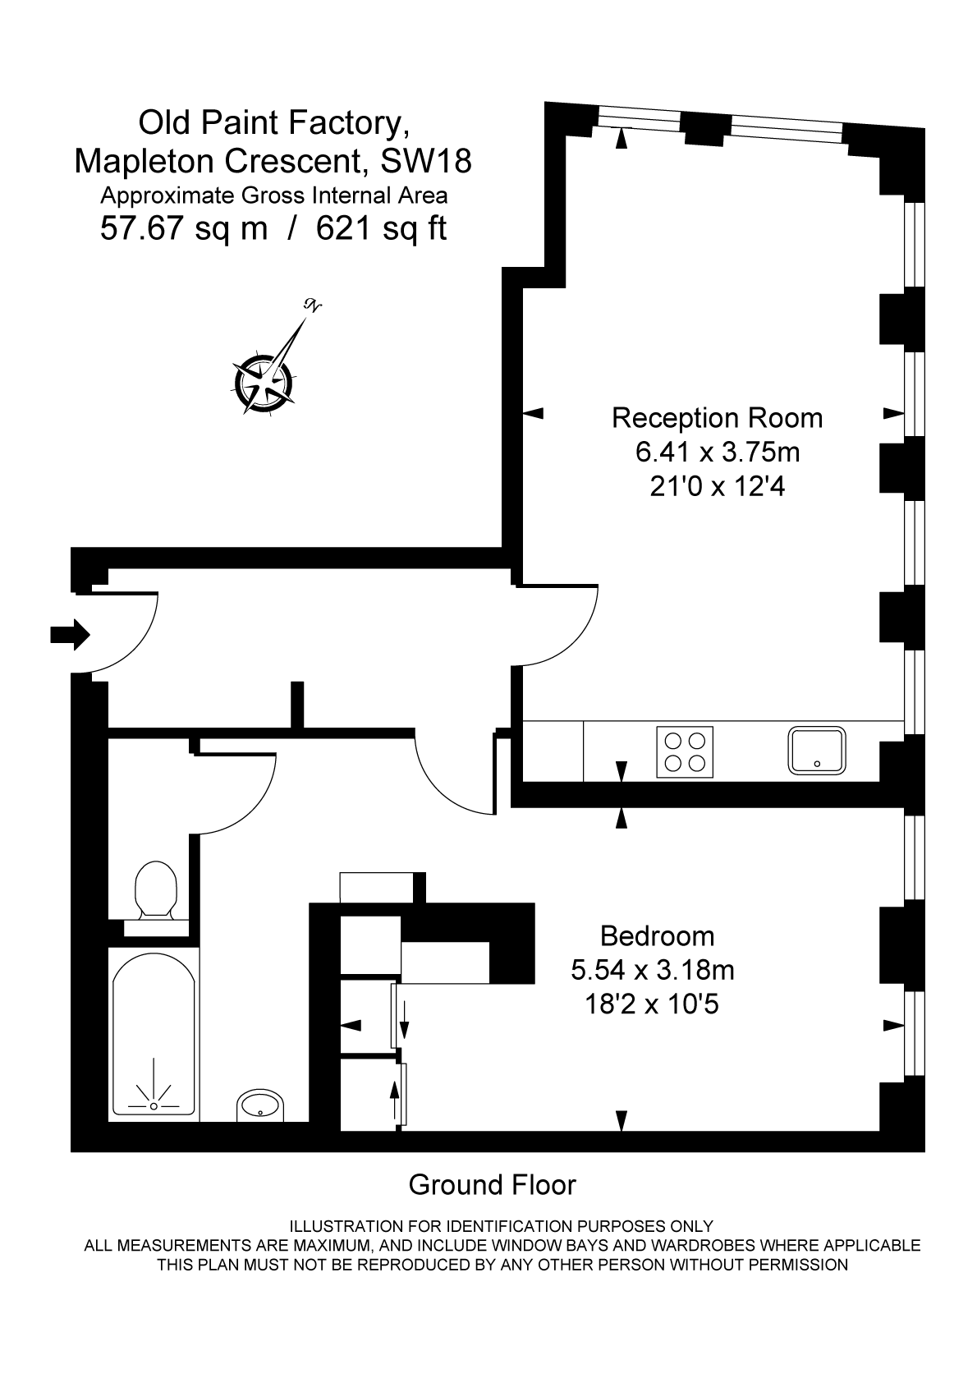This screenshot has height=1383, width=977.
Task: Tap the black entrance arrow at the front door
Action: [x=70, y=634]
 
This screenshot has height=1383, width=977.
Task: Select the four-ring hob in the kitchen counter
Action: [x=685, y=752]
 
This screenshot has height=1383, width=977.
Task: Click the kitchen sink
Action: [x=817, y=751]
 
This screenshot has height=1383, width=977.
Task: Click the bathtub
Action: [x=154, y=1035]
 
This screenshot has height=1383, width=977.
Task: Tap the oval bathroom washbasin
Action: [x=260, y=1106]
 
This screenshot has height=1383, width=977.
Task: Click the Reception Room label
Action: [x=717, y=418]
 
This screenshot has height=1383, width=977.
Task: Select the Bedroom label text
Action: [x=657, y=936]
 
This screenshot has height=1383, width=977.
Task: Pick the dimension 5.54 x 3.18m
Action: [x=653, y=971]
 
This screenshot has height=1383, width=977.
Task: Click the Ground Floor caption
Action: [x=492, y=1185]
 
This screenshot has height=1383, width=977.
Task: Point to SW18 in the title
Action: [x=427, y=161]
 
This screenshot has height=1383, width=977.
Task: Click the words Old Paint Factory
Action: [x=273, y=123]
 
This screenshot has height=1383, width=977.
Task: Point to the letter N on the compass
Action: [x=313, y=306]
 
